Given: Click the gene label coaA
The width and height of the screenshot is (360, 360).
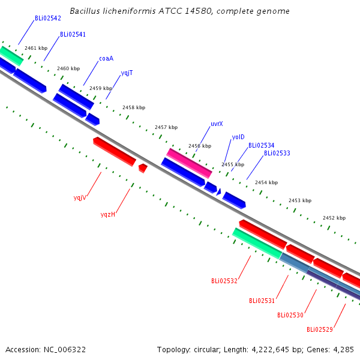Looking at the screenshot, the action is coord(106,59).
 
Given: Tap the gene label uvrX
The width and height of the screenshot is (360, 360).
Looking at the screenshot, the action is coord(217,124).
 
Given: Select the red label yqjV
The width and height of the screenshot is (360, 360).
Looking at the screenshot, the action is coord(80,197).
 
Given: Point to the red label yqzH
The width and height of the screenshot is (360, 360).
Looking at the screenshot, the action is coord(108,214).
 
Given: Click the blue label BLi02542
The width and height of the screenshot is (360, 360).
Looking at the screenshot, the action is coord(48,19).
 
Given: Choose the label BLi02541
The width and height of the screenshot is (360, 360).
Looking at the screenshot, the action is coord(73,34).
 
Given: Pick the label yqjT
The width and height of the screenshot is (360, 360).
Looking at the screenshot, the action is coord(127,73).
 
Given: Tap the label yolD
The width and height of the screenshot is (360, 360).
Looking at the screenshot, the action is coord(238,137).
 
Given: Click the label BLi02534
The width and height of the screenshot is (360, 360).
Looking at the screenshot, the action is coord(261,145).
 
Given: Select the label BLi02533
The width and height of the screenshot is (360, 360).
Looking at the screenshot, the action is coord(277,153).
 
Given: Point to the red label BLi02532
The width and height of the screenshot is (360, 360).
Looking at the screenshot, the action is coord(224,281).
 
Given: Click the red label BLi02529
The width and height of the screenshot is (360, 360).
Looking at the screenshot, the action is coord(320,329).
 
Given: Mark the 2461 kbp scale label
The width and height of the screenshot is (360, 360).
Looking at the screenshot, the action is coord(36,48).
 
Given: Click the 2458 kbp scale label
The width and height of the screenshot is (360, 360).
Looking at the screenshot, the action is coord(134,107).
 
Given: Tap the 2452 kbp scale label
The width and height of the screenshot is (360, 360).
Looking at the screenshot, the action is coord(334,218).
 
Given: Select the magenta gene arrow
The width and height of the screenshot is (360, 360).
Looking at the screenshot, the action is coord(189,163).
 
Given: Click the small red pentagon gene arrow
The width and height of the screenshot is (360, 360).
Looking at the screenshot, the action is coord(143,168).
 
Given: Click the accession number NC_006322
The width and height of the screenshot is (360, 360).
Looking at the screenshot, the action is coord(65,350).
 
